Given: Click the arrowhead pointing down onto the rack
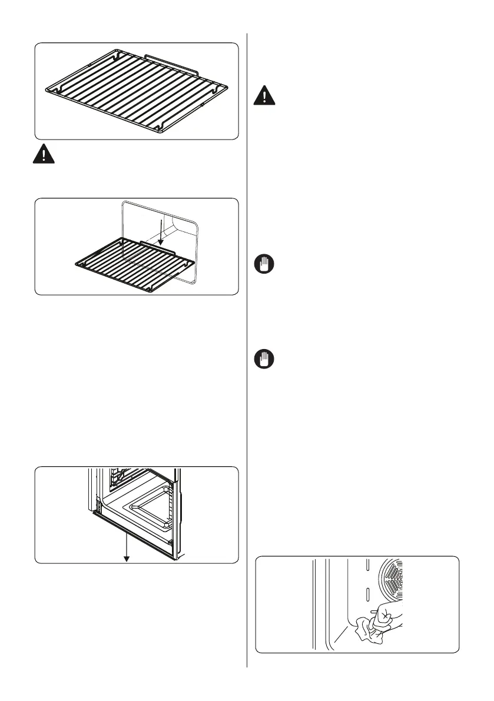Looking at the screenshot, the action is (x=161, y=242).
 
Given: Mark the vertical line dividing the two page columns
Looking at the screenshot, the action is (x=247, y=353).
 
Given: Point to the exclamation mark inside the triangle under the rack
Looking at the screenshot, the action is (x=42, y=154).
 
